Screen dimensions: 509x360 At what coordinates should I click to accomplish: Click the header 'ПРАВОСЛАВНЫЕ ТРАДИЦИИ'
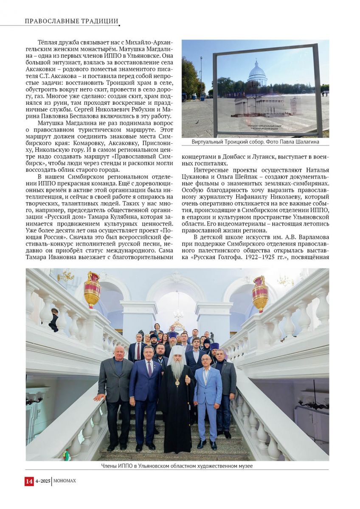pyautogui.click(x=71, y=21)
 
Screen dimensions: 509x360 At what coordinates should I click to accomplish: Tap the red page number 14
pyautogui.click(x=29, y=481)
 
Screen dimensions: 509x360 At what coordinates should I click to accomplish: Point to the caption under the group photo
pyautogui.click(x=177, y=466)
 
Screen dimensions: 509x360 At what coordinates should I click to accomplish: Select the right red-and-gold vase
pyautogui.click(x=260, y=293)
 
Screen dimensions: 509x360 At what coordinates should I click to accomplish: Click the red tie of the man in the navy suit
pyautogui.click(x=149, y=369)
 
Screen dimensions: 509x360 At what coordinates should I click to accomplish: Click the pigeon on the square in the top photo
pyautogui.click(x=196, y=122)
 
